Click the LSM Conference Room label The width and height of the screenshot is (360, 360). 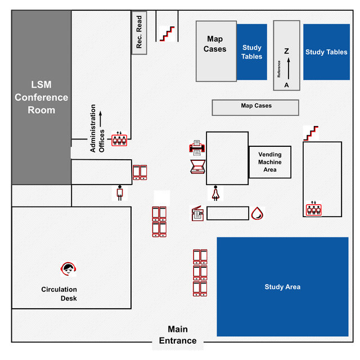click(42, 97)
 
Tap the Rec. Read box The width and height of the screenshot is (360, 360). click(139, 33)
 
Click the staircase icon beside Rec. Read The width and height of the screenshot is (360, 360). click(167, 33)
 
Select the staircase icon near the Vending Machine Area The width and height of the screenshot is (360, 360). click(311, 133)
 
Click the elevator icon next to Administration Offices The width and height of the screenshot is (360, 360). click(119, 139)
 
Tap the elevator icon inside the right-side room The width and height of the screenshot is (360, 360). click(313, 209)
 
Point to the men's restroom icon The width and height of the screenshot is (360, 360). click(119, 193)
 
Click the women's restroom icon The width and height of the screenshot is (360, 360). click(215, 193)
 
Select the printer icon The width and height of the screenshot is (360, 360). click(197, 147)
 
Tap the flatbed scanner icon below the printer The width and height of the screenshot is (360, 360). click(198, 168)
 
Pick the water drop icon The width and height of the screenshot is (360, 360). click(257, 213)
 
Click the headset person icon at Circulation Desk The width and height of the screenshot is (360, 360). click(69, 269)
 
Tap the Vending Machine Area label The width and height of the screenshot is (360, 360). click(270, 162)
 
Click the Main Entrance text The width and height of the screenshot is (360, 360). click(178, 335)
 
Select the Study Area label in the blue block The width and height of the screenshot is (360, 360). click(282, 287)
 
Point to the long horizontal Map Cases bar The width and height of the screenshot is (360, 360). click(255, 107)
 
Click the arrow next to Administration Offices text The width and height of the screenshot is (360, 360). click(101, 119)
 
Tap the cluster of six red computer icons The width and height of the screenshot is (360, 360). click(200, 273)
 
